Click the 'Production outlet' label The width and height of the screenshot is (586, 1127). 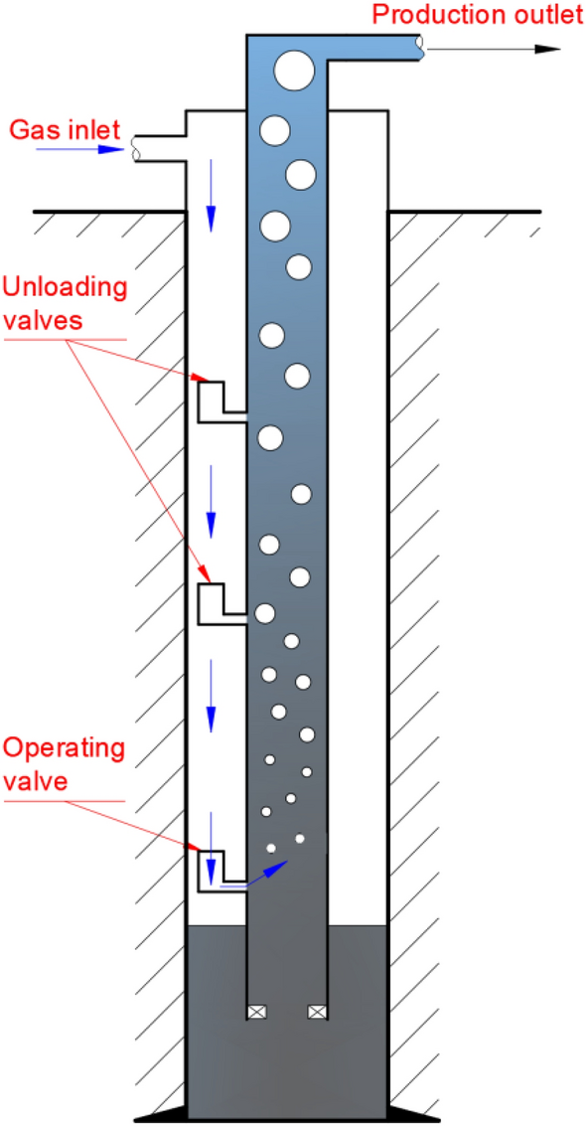tap(475, 14)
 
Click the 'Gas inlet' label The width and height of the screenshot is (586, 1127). tap(64, 128)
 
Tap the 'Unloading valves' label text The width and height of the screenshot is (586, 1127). tap(66, 304)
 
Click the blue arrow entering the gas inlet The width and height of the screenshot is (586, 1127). tap(78, 150)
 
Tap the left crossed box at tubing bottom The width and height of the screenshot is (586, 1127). tap(256, 1012)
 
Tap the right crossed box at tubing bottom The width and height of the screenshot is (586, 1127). tap(317, 1012)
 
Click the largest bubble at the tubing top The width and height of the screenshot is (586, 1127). tap(295, 72)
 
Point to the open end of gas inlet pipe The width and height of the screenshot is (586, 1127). tap(136, 148)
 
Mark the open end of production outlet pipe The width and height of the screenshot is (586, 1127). tap(421, 46)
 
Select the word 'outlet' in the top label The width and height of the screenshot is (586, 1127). tap(535, 14)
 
